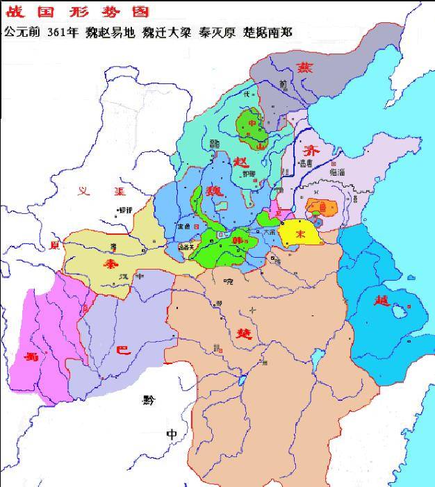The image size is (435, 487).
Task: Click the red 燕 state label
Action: click(304, 67)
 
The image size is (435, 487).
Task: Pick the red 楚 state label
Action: click(252, 329)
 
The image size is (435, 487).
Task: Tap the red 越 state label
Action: click(381, 300)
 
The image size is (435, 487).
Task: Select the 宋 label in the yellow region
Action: click(300, 234)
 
